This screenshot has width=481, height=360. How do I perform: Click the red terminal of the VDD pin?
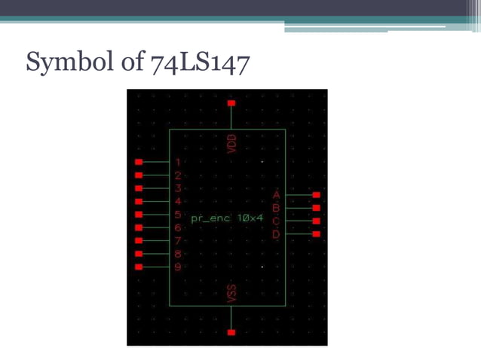click(x=231, y=102)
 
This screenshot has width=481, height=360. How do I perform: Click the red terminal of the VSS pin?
click(x=231, y=332)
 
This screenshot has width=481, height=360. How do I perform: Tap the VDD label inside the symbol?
click(x=231, y=143)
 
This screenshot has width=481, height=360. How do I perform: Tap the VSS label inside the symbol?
click(x=231, y=293)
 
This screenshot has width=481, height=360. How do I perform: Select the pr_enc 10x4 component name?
click(x=228, y=218)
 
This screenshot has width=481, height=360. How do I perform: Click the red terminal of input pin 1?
click(x=138, y=162)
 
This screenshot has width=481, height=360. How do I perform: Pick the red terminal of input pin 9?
click(x=138, y=267)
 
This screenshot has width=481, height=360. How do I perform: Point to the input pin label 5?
click(x=178, y=215)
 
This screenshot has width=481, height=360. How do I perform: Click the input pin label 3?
click(x=178, y=188)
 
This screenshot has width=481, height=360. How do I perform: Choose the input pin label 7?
click(x=178, y=241)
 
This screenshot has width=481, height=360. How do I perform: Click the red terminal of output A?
click(x=316, y=194)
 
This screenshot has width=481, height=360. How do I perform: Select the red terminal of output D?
click(x=316, y=234)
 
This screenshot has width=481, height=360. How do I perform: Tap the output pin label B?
click(x=276, y=208)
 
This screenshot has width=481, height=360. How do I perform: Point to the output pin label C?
click(x=276, y=221)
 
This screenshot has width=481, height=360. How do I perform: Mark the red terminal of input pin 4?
click(x=138, y=201)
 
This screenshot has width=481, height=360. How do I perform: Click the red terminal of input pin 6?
click(x=138, y=227)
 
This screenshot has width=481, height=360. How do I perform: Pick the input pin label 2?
click(x=178, y=175)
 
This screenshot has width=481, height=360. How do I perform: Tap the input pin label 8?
click(x=178, y=254)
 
